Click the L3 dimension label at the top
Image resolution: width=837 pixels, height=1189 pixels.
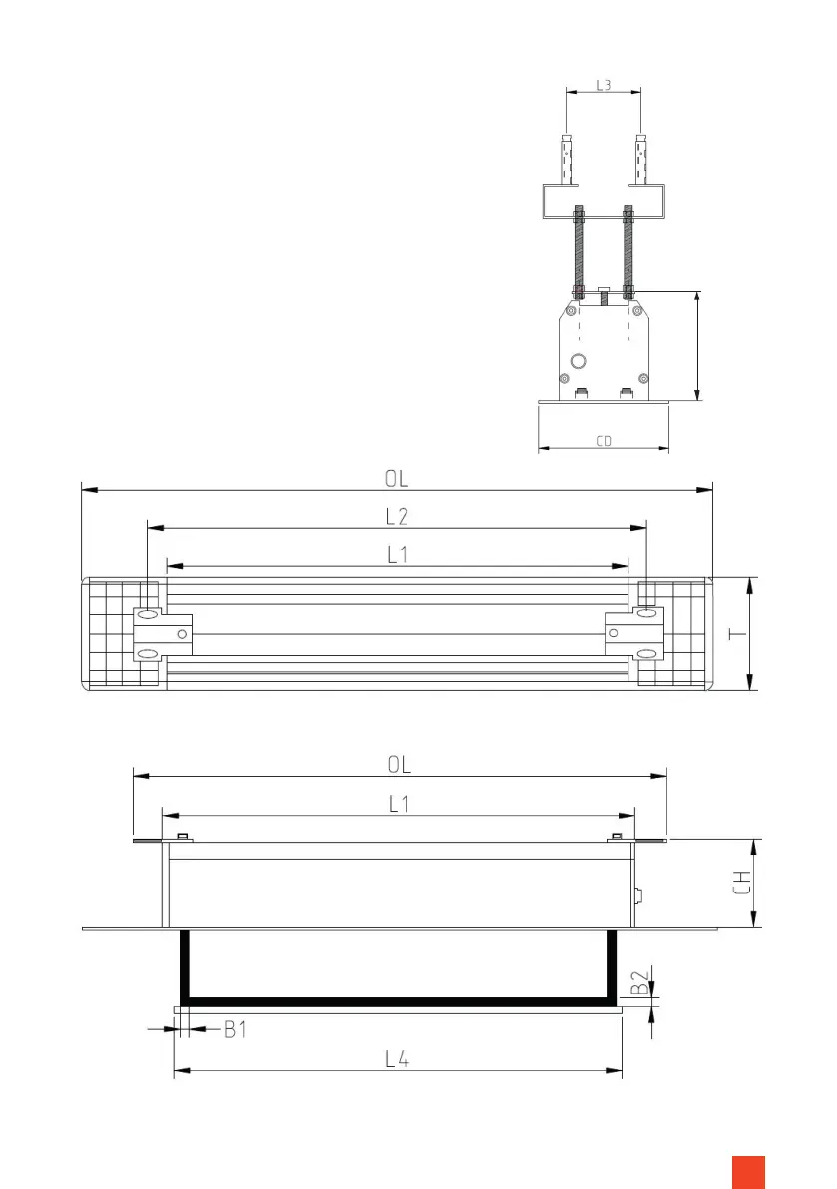(604, 86)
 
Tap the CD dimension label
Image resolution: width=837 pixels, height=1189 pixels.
(604, 441)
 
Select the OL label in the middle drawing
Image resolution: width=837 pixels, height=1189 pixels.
(397, 479)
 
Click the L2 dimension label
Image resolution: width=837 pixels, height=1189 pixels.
(397, 516)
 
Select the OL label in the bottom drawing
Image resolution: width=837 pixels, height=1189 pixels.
(399, 764)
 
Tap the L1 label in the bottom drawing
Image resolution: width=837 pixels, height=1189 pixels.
(398, 804)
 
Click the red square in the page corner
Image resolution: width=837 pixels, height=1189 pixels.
(748, 1171)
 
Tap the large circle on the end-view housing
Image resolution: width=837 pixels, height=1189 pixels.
(577, 359)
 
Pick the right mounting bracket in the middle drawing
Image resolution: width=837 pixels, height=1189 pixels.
(634, 634)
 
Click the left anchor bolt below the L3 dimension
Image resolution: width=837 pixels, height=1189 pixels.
(566, 160)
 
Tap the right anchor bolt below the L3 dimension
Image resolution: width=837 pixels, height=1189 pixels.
(641, 160)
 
